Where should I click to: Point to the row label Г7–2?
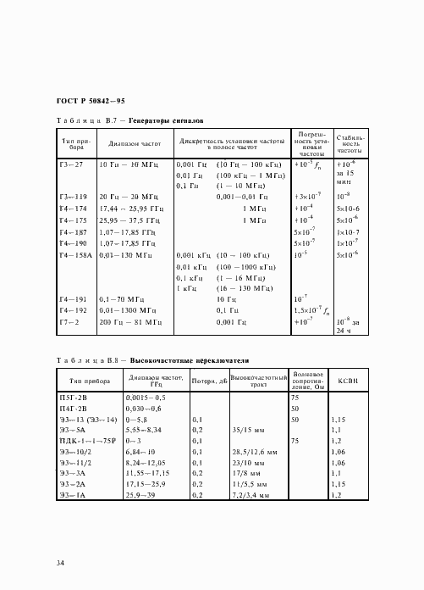coord(69,322)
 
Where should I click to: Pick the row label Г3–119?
coord(72,196)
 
